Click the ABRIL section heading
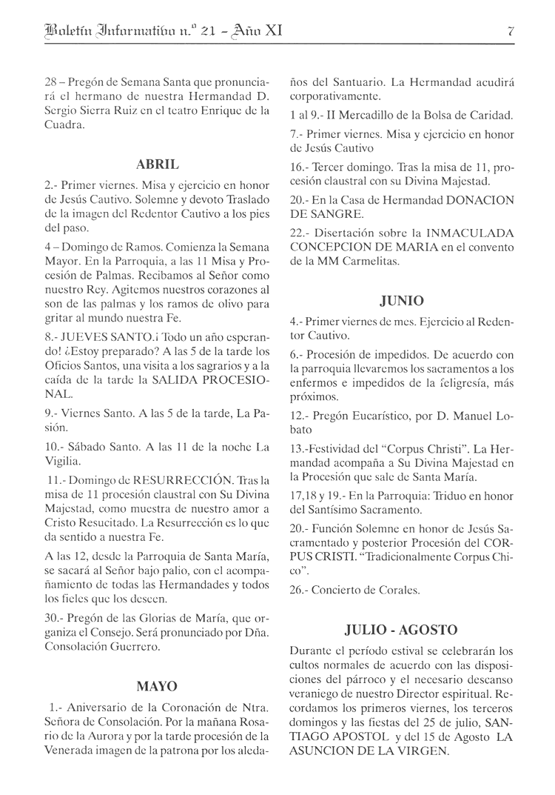point(158,164)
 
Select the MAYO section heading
point(158,686)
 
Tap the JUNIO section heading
point(402,301)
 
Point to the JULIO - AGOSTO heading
point(401,631)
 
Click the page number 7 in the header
point(511,31)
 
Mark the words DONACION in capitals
point(472,200)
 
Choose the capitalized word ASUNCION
point(323,751)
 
